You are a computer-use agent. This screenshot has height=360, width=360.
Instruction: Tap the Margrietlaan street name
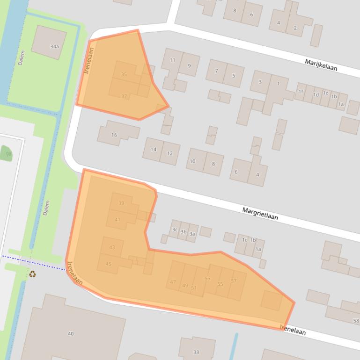click(260, 214)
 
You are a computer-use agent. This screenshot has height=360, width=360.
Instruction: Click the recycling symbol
click(33, 274)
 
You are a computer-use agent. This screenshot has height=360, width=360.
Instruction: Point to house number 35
click(124, 74)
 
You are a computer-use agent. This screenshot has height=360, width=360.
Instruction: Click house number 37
click(124, 96)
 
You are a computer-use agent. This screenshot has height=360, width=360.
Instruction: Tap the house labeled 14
click(154, 149)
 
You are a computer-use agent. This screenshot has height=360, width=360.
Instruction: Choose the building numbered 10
click(192, 161)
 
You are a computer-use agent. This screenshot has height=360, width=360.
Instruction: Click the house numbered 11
click(172, 60)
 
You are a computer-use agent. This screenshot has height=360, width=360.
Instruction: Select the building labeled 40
click(71, 333)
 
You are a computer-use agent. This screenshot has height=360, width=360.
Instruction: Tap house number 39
click(121, 203)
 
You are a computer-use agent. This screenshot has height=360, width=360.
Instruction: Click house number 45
click(109, 264)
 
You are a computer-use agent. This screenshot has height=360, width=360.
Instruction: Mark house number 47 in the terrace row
click(173, 282)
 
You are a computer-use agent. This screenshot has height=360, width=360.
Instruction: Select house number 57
click(234, 281)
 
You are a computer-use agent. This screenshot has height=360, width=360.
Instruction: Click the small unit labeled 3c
click(175, 230)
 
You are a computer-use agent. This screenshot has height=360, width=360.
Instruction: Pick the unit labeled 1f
click(301, 92)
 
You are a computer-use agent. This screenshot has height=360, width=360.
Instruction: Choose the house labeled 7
click(216, 71)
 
